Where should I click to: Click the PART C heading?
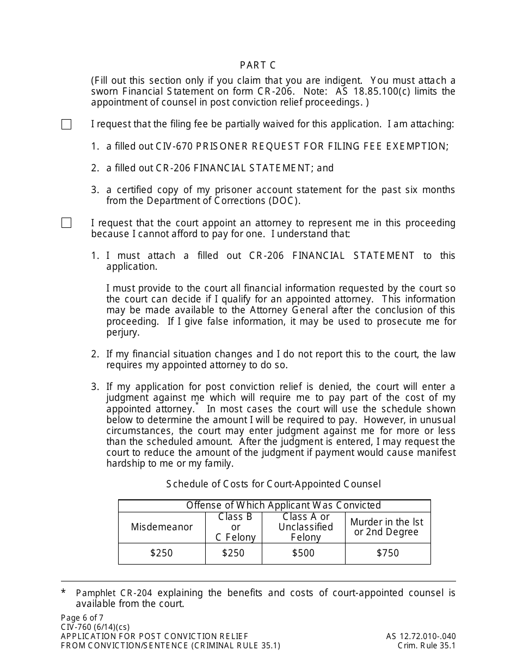pyautogui.click(x=258, y=65)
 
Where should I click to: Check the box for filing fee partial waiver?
pyautogui.click(x=66, y=125)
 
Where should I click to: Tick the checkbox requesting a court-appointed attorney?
pyautogui.click(x=66, y=223)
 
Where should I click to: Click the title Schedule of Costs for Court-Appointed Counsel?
pyautogui.click(x=273, y=484)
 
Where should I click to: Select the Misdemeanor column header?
pyautogui.click(x=162, y=527)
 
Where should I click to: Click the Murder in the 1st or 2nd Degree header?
pyautogui.click(x=387, y=527)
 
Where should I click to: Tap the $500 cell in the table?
pyautogui.click(x=303, y=553)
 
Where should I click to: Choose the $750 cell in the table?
pyautogui.click(x=387, y=553)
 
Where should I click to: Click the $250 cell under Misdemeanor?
pyautogui.click(x=162, y=553)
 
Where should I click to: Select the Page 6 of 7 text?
pyautogui.click(x=82, y=618)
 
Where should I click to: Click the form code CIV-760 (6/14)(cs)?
pyautogui.click(x=95, y=627)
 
